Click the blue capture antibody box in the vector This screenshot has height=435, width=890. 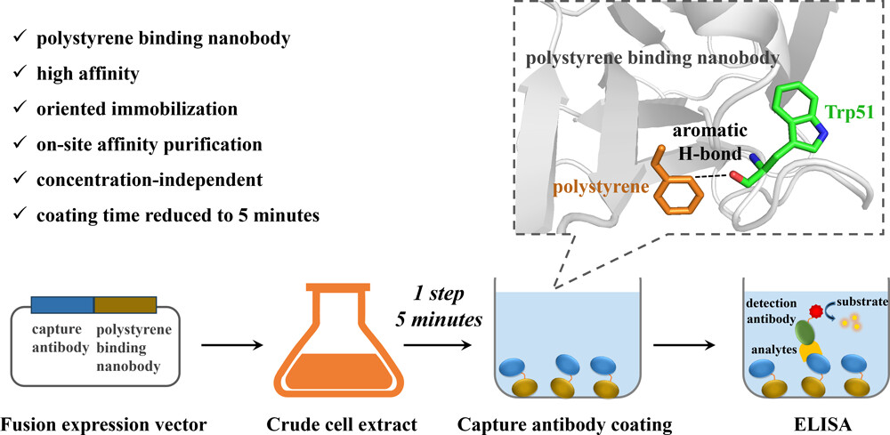(62, 305)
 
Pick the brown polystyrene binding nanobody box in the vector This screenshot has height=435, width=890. (125, 305)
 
